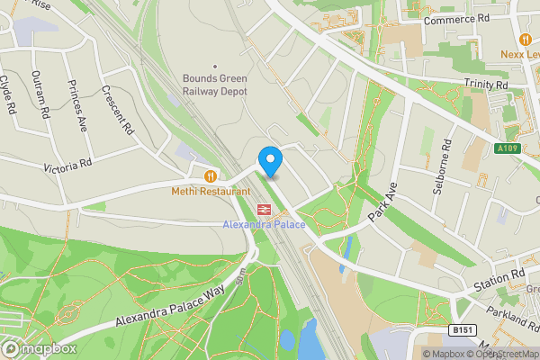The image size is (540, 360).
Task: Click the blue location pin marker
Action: tap(270, 161)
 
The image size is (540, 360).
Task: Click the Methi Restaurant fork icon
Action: tap(211, 176)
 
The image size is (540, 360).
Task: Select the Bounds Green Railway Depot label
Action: tap(214, 83)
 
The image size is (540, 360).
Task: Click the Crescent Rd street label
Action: tap(118, 109)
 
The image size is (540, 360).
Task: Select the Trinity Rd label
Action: tap(486, 85)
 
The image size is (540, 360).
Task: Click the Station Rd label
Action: tap(506, 275)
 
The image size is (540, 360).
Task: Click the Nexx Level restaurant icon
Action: tap(525, 39)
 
